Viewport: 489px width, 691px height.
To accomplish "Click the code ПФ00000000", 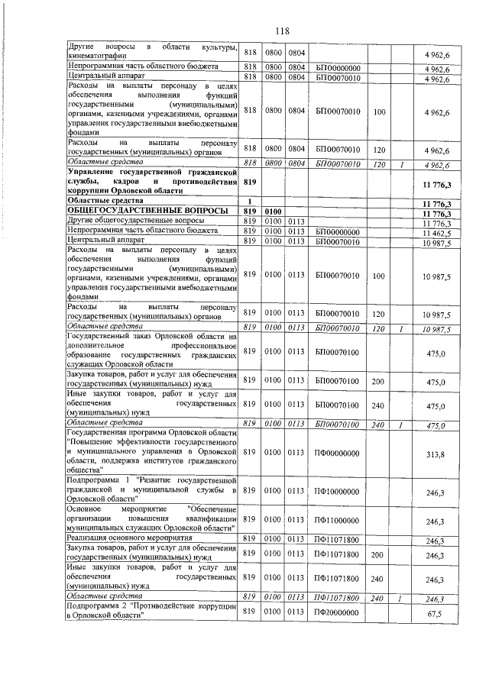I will pyautogui.click(x=338, y=453).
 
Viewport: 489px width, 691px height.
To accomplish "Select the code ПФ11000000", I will pyautogui.click(x=338, y=521).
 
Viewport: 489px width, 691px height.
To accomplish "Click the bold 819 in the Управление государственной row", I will pyautogui.click(x=249, y=184).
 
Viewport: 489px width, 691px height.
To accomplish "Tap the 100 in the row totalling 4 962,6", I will pyautogui.click(x=380, y=113).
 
